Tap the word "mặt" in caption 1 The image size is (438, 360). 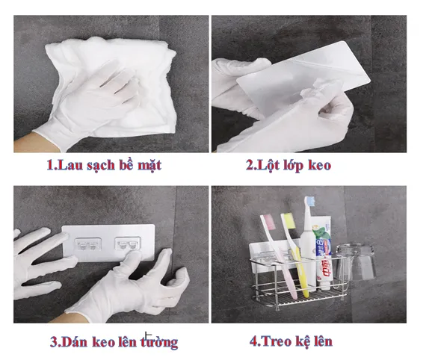pyautogui.click(x=149, y=165)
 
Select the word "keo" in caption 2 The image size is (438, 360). pyautogui.click(x=320, y=164)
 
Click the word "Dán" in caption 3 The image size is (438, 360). pyautogui.click(x=74, y=341)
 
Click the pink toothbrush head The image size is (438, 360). pyautogui.click(x=267, y=222)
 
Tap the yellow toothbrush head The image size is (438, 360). pyautogui.click(x=289, y=220)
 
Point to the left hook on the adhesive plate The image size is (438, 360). pyautogui.click(x=87, y=244)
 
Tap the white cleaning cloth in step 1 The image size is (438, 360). pyautogui.click(x=111, y=84)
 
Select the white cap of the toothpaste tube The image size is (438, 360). pyautogui.click(x=324, y=285)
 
